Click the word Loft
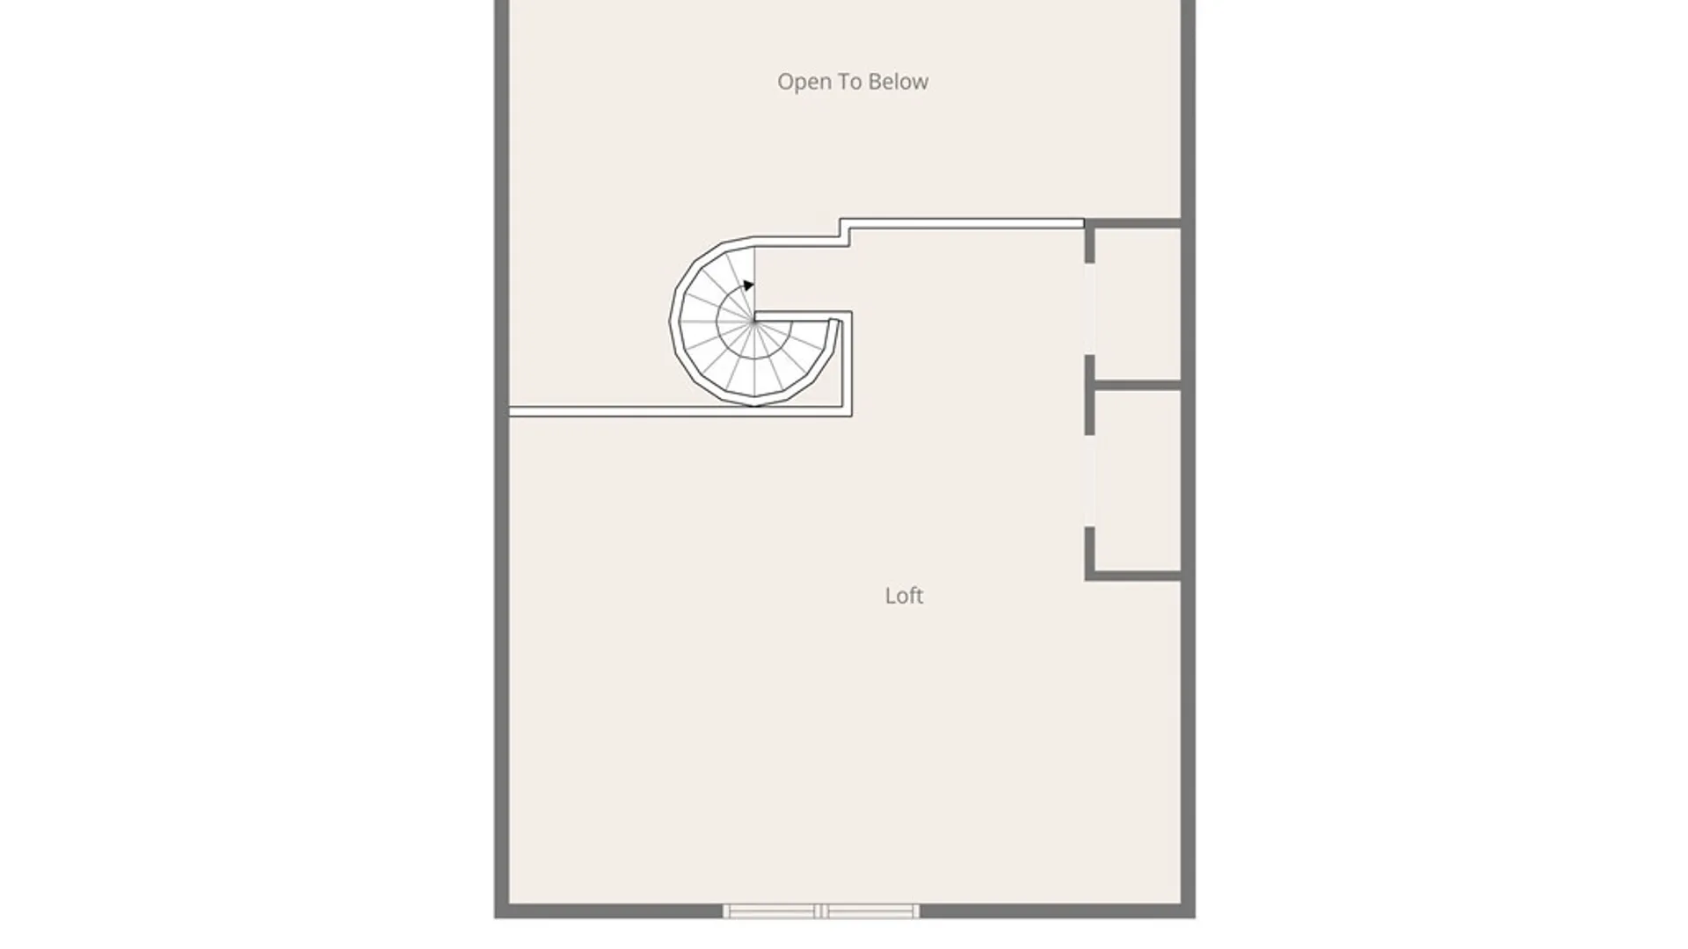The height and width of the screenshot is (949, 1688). point(904,596)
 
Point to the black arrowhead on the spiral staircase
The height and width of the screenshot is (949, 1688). point(748,285)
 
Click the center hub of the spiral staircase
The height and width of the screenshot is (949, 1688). point(754,322)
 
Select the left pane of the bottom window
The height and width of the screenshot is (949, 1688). point(770,911)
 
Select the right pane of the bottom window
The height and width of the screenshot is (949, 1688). point(870,911)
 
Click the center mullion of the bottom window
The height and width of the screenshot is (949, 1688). point(820,911)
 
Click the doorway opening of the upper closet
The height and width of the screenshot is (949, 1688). point(1089,309)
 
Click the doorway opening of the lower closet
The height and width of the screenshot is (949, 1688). point(1089,481)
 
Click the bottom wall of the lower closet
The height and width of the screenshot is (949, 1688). point(1134,576)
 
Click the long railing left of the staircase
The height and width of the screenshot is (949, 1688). point(631,411)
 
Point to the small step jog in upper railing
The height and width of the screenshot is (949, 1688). point(844,233)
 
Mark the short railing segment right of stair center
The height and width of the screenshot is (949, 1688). point(803,314)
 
